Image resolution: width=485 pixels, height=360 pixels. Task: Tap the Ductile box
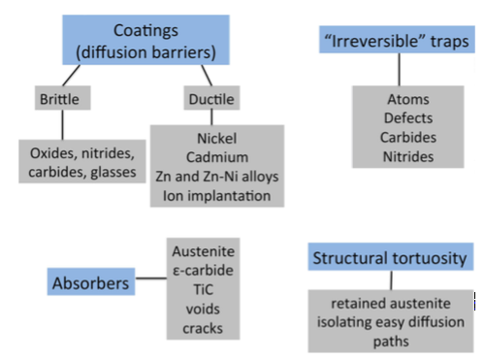[210, 98]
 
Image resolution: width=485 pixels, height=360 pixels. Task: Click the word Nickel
[218, 138]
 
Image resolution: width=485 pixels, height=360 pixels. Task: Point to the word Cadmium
[218, 157]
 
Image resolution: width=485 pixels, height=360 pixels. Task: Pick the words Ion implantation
[218, 196]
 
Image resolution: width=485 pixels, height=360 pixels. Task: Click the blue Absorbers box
[88, 284]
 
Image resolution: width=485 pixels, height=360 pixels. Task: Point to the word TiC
[203, 289]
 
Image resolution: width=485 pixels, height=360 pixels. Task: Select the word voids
[203, 309]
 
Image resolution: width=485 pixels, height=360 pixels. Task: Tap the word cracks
[203, 328]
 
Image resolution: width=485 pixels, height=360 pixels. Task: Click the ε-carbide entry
[203, 270]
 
